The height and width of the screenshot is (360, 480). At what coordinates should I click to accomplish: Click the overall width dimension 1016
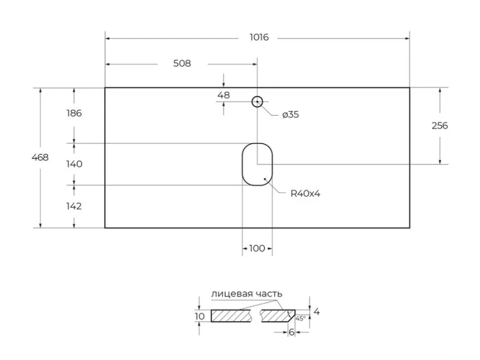pyautogui.click(x=259, y=37)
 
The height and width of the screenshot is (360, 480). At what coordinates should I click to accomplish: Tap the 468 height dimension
pyautogui.click(x=40, y=157)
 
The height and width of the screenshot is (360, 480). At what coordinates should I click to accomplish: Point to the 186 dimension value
pyautogui.click(x=73, y=113)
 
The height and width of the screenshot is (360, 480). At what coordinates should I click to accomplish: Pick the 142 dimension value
pyautogui.click(x=73, y=206)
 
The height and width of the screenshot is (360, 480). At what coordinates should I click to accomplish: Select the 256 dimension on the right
pyautogui.click(x=439, y=125)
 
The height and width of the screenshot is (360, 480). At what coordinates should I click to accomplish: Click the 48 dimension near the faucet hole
pyautogui.click(x=223, y=95)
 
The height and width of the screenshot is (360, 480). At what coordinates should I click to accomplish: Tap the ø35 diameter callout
pyautogui.click(x=290, y=115)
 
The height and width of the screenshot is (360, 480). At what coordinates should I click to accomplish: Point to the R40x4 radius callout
pyautogui.click(x=305, y=193)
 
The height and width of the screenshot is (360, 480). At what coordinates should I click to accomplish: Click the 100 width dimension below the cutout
pyautogui.click(x=257, y=248)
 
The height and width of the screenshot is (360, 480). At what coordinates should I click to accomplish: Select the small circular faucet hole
pyautogui.click(x=257, y=101)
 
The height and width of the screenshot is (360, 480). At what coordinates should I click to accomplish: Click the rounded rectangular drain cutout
pyautogui.click(x=257, y=164)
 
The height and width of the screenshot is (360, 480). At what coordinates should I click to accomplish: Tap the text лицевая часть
pyautogui.click(x=246, y=293)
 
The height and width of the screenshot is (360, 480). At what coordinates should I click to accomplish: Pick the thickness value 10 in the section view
pyautogui.click(x=200, y=316)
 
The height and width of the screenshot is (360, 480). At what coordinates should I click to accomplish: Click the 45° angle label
pyautogui.click(x=301, y=318)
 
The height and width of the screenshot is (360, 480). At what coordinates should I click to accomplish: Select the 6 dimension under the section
pyautogui.click(x=291, y=332)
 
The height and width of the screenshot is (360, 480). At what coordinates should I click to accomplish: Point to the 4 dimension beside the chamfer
pyautogui.click(x=317, y=311)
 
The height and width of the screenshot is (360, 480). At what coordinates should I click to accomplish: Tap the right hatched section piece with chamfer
pyautogui.click(x=277, y=316)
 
